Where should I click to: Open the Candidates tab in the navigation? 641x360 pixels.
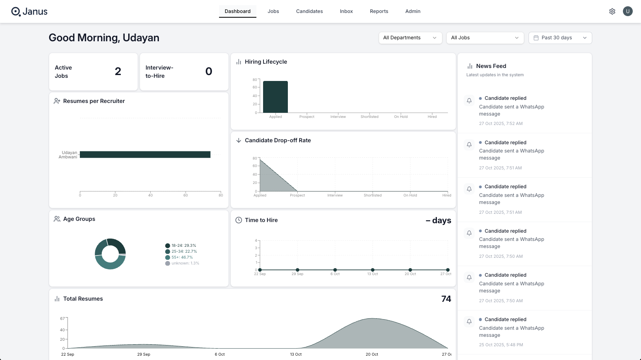309,11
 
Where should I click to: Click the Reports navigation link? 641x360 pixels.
379,11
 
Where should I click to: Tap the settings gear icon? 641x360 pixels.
612,11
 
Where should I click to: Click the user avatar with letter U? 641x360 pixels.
627,11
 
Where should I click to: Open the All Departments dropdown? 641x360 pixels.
410,38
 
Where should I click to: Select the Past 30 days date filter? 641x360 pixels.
560,38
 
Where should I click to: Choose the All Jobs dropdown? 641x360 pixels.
484,38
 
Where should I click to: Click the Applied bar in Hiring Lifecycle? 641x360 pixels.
275,97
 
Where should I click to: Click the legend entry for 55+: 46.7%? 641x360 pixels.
182,257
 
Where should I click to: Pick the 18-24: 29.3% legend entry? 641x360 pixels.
183,246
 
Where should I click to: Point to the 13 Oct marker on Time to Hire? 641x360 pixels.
372,270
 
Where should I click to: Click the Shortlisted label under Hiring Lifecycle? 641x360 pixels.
369,117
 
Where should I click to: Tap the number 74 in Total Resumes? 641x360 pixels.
446,299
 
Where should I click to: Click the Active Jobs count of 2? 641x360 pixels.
118,72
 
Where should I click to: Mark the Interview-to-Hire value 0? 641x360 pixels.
209,72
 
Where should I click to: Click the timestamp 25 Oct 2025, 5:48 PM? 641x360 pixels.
501,345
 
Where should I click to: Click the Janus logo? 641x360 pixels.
29,11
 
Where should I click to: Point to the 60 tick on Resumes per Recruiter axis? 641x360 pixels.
186,195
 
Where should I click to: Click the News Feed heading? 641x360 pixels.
491,66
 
